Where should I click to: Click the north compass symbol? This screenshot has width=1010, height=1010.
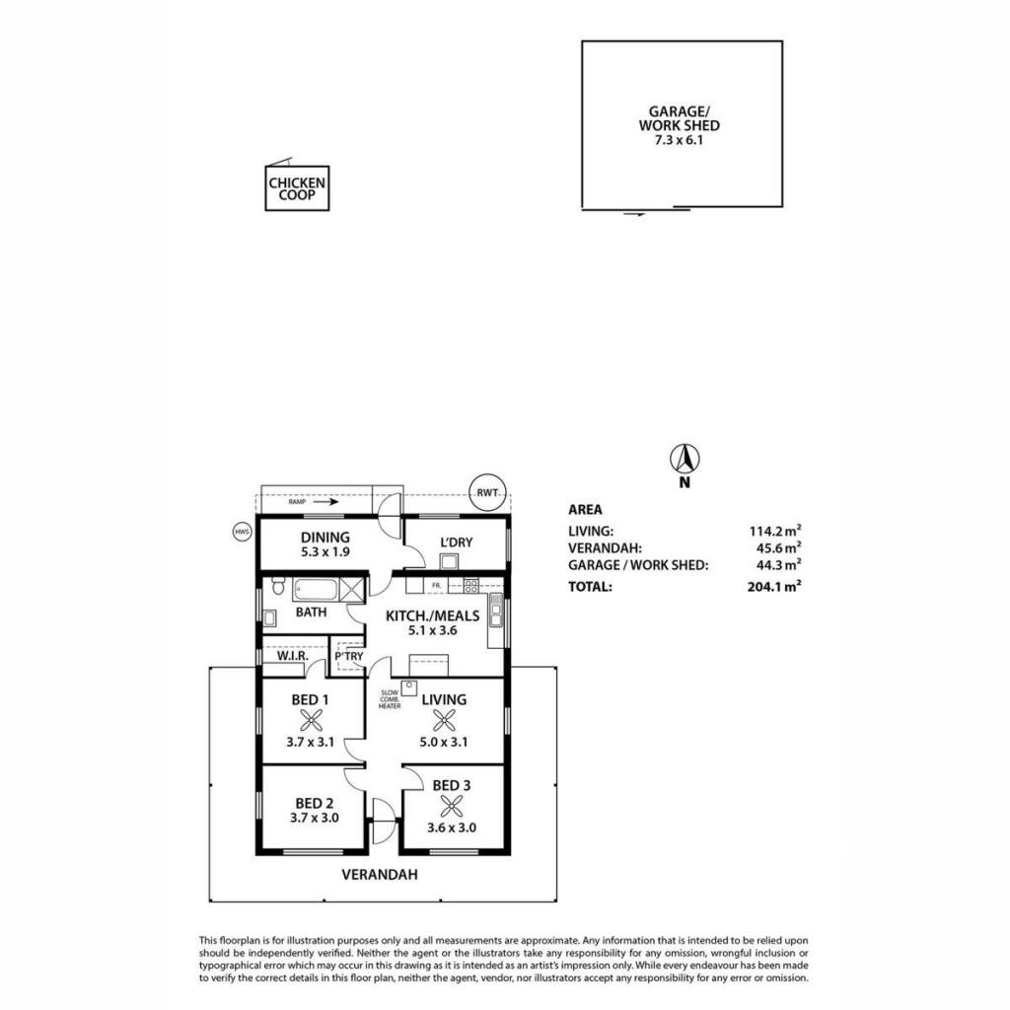pyautogui.click(x=685, y=460)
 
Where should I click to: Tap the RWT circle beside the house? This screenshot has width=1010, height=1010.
pyautogui.click(x=487, y=493)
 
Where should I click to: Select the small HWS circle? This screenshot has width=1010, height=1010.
pyautogui.click(x=242, y=532)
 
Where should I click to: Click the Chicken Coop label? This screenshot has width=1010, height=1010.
pyautogui.click(x=297, y=188)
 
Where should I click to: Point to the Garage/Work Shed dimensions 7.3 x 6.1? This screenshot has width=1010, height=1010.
pyautogui.click(x=679, y=140)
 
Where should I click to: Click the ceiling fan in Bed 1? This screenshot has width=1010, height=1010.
pyautogui.click(x=311, y=720)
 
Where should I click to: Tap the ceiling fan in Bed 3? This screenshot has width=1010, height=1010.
pyautogui.click(x=452, y=805)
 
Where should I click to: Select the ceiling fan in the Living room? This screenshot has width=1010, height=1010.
pyautogui.click(x=444, y=720)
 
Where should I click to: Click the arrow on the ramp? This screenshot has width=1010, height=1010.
pyautogui.click(x=325, y=502)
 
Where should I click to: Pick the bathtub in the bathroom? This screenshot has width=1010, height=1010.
pyautogui.click(x=316, y=590)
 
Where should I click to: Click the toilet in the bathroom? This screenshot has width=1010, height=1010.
pyautogui.click(x=278, y=586)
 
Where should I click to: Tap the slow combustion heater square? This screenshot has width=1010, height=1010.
pyautogui.click(x=409, y=687)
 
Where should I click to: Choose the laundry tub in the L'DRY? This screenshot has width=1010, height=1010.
pyautogui.click(x=449, y=561)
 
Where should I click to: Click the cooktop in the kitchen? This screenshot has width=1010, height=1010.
pyautogui.click(x=471, y=586)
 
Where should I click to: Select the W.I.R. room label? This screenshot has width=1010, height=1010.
pyautogui.click(x=293, y=656)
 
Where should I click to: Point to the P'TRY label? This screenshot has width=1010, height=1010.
pyautogui.click(x=349, y=656)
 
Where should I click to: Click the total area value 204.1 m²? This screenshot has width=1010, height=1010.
pyautogui.click(x=774, y=586)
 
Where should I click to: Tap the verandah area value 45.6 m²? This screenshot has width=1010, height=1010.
pyautogui.click(x=779, y=548)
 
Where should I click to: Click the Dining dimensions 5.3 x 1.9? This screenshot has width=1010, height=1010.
pyautogui.click(x=325, y=552)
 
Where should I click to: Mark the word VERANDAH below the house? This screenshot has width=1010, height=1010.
pyautogui.click(x=380, y=875)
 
